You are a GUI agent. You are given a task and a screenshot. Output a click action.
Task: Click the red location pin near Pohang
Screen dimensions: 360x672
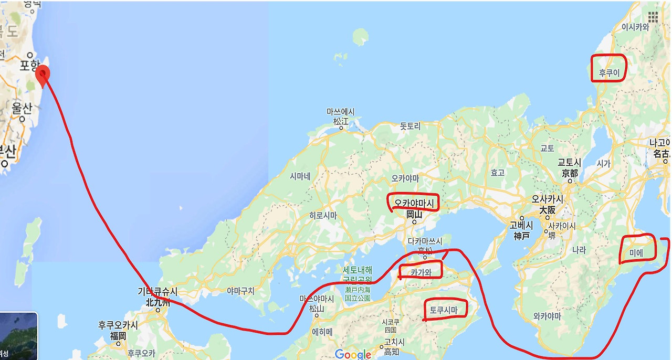click(x=43, y=76)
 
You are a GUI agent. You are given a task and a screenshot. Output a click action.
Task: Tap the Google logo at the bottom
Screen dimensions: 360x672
click(x=353, y=354)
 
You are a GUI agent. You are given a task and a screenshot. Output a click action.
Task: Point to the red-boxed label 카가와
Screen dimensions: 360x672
click(x=420, y=272)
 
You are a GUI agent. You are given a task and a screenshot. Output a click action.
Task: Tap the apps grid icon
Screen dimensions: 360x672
click(x=653, y=17)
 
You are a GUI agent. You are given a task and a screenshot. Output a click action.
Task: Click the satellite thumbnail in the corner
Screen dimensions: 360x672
click(x=18, y=336)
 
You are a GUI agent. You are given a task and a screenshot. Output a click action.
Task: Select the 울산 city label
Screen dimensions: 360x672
click(x=22, y=109)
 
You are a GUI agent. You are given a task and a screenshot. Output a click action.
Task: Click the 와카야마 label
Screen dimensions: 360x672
click(x=547, y=316)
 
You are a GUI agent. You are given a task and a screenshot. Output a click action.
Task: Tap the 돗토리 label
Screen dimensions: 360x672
click(x=411, y=126)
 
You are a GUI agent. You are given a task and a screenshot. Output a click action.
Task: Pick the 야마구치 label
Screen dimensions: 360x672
click(x=240, y=290)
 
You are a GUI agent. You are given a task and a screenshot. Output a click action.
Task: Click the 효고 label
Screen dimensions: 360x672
click(x=497, y=173)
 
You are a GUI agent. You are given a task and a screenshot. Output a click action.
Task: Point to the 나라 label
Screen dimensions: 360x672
click(x=579, y=250)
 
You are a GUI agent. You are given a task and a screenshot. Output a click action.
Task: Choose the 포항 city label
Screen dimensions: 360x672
click(x=29, y=65)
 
